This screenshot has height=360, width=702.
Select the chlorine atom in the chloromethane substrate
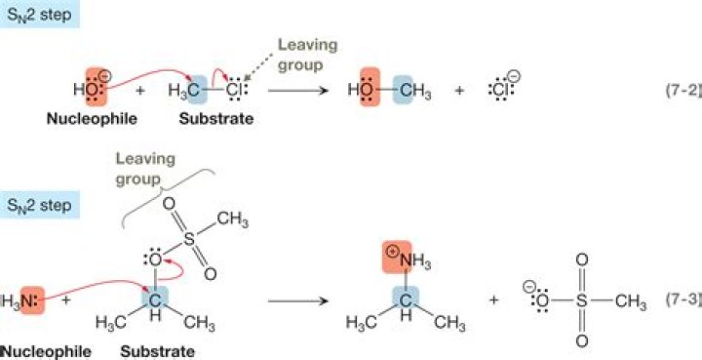pos(234,91)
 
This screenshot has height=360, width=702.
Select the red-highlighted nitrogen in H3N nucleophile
pos(32,300)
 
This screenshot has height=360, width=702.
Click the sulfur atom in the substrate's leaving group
pos(190,239)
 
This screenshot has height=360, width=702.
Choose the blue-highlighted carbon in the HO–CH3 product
pos(403,90)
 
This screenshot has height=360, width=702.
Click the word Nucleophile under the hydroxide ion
pos(93,119)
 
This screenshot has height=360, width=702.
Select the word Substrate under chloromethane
pos(216,119)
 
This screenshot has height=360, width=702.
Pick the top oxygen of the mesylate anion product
pos(581,260)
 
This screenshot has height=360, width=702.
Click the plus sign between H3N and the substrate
pos(66,300)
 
